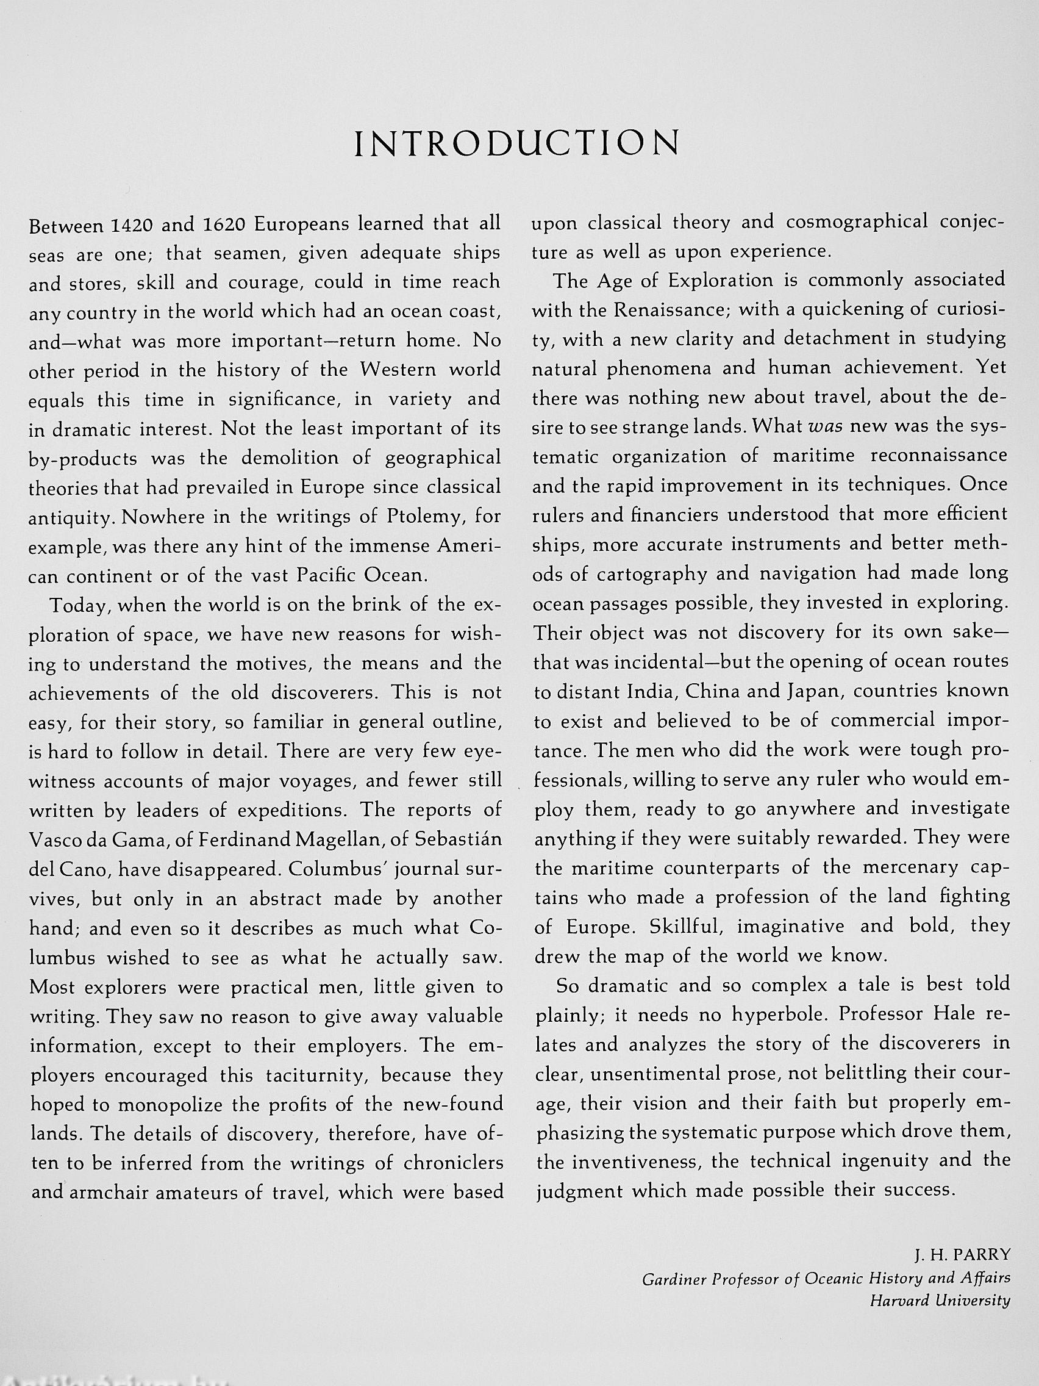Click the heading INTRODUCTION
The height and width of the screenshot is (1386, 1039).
517,143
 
